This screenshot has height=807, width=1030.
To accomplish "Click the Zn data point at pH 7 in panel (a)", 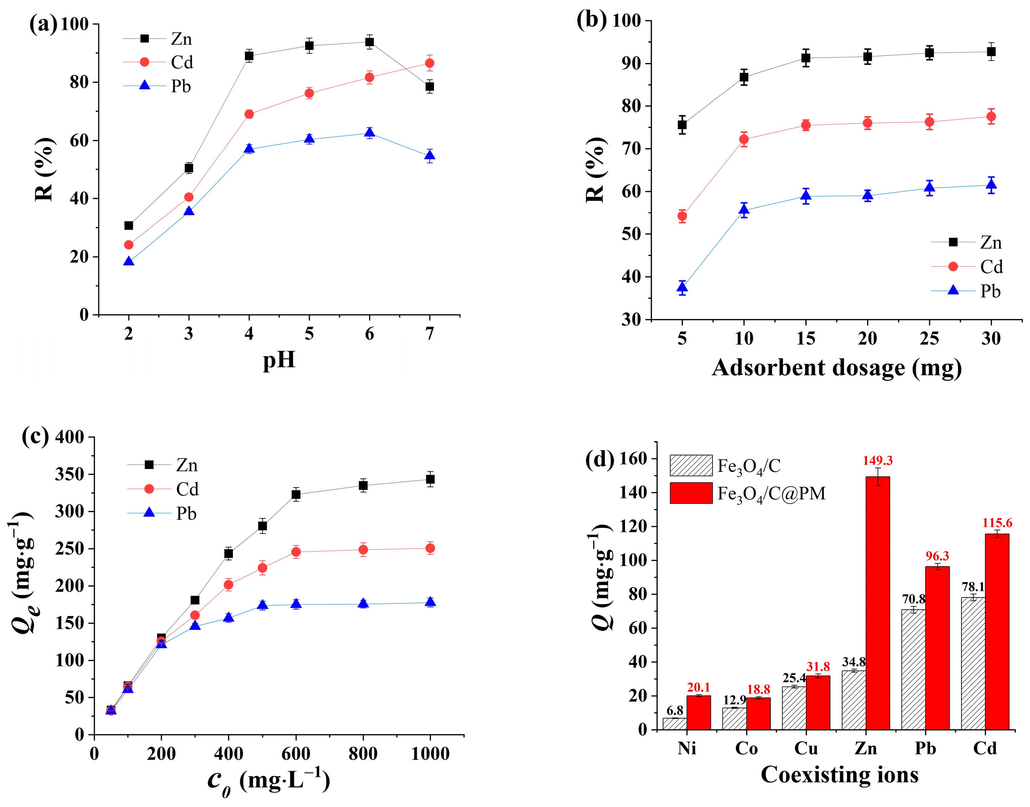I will coord(429,86).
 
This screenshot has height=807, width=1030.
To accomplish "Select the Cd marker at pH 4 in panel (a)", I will coord(249,114).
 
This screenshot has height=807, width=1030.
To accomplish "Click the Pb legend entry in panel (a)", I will coord(180,86).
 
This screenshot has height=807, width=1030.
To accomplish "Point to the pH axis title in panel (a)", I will coord(279,360).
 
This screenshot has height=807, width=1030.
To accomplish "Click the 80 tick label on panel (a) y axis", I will coord(79,82).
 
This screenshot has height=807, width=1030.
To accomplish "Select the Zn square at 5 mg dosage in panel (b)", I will coord(682,125).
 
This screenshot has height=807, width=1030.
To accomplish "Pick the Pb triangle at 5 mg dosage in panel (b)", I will coord(682,287).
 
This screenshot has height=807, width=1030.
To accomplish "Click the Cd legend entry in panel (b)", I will coord(991,267).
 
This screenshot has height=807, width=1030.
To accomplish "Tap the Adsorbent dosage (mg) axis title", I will coord(837,368).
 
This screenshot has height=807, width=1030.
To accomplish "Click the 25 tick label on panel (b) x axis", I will coord(929,338).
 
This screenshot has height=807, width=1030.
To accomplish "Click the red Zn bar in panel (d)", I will coord(877,605).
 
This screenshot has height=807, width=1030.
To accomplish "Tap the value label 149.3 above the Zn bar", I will coord(877,461).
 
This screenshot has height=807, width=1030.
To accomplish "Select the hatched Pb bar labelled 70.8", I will coord(913,670).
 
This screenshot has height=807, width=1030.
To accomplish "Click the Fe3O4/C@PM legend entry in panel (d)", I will coord(771,493).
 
